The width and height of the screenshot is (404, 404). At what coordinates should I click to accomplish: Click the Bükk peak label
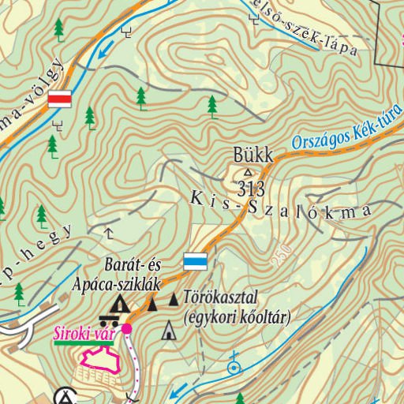pyautogui.click(x=252, y=155)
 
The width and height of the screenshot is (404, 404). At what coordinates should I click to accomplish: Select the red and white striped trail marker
pyautogui.click(x=60, y=99)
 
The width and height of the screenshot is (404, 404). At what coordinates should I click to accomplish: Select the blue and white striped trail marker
pyautogui.click(x=196, y=261)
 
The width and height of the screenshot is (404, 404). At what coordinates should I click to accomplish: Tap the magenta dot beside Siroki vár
pyautogui.click(x=126, y=329)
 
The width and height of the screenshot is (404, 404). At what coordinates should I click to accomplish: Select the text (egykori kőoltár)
pyautogui.click(x=236, y=317)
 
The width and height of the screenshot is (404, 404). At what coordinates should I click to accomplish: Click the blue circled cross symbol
pyautogui.click(x=233, y=366)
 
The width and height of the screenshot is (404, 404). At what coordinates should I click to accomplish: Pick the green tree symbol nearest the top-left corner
pyautogui.click(x=59, y=29)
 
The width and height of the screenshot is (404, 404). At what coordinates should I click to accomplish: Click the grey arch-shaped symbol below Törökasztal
pyautogui.click(x=168, y=332)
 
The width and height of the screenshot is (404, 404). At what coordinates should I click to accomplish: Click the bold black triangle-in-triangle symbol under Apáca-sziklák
pyautogui.click(x=120, y=304)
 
